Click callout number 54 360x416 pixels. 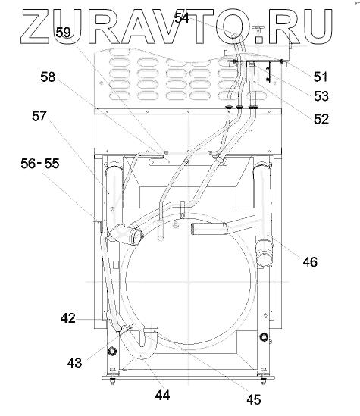point(182,18)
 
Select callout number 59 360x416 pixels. point(63,33)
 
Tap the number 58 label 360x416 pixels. point(48,77)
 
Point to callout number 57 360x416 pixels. point(39,116)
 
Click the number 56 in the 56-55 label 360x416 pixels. point(28,164)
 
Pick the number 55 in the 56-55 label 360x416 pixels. point(52,164)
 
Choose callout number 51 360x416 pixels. point(321,77)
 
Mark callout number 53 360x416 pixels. point(321,96)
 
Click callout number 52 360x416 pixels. point(321,119)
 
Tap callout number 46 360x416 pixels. point(310,262)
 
